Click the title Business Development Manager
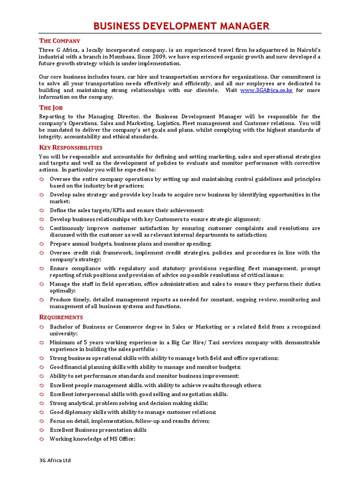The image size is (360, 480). click(181, 26)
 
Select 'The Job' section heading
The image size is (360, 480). click(51, 108)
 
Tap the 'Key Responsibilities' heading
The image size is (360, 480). click(70, 147)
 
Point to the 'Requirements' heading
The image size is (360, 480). click(61, 317)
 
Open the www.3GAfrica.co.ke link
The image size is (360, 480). click(266, 90)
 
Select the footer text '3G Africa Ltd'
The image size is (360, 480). click(55, 460)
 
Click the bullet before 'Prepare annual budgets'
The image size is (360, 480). click(42, 244)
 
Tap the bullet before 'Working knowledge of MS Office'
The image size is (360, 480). click(42, 439)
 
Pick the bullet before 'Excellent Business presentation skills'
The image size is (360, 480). click(42, 430)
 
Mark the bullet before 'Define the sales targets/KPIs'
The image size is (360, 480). click(42, 210)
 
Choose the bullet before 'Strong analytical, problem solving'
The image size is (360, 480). click(42, 403)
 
